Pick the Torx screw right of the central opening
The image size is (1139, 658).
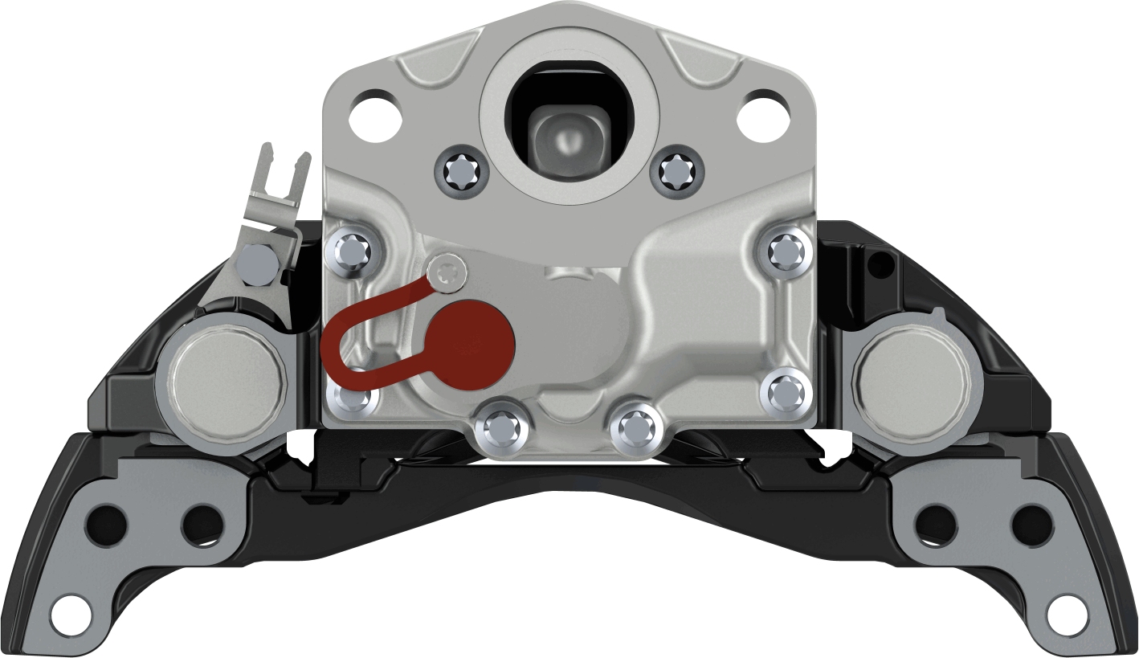tap(676, 170)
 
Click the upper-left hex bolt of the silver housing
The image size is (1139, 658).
tap(352, 252)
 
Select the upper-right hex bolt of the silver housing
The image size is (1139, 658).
tap(786, 252)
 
